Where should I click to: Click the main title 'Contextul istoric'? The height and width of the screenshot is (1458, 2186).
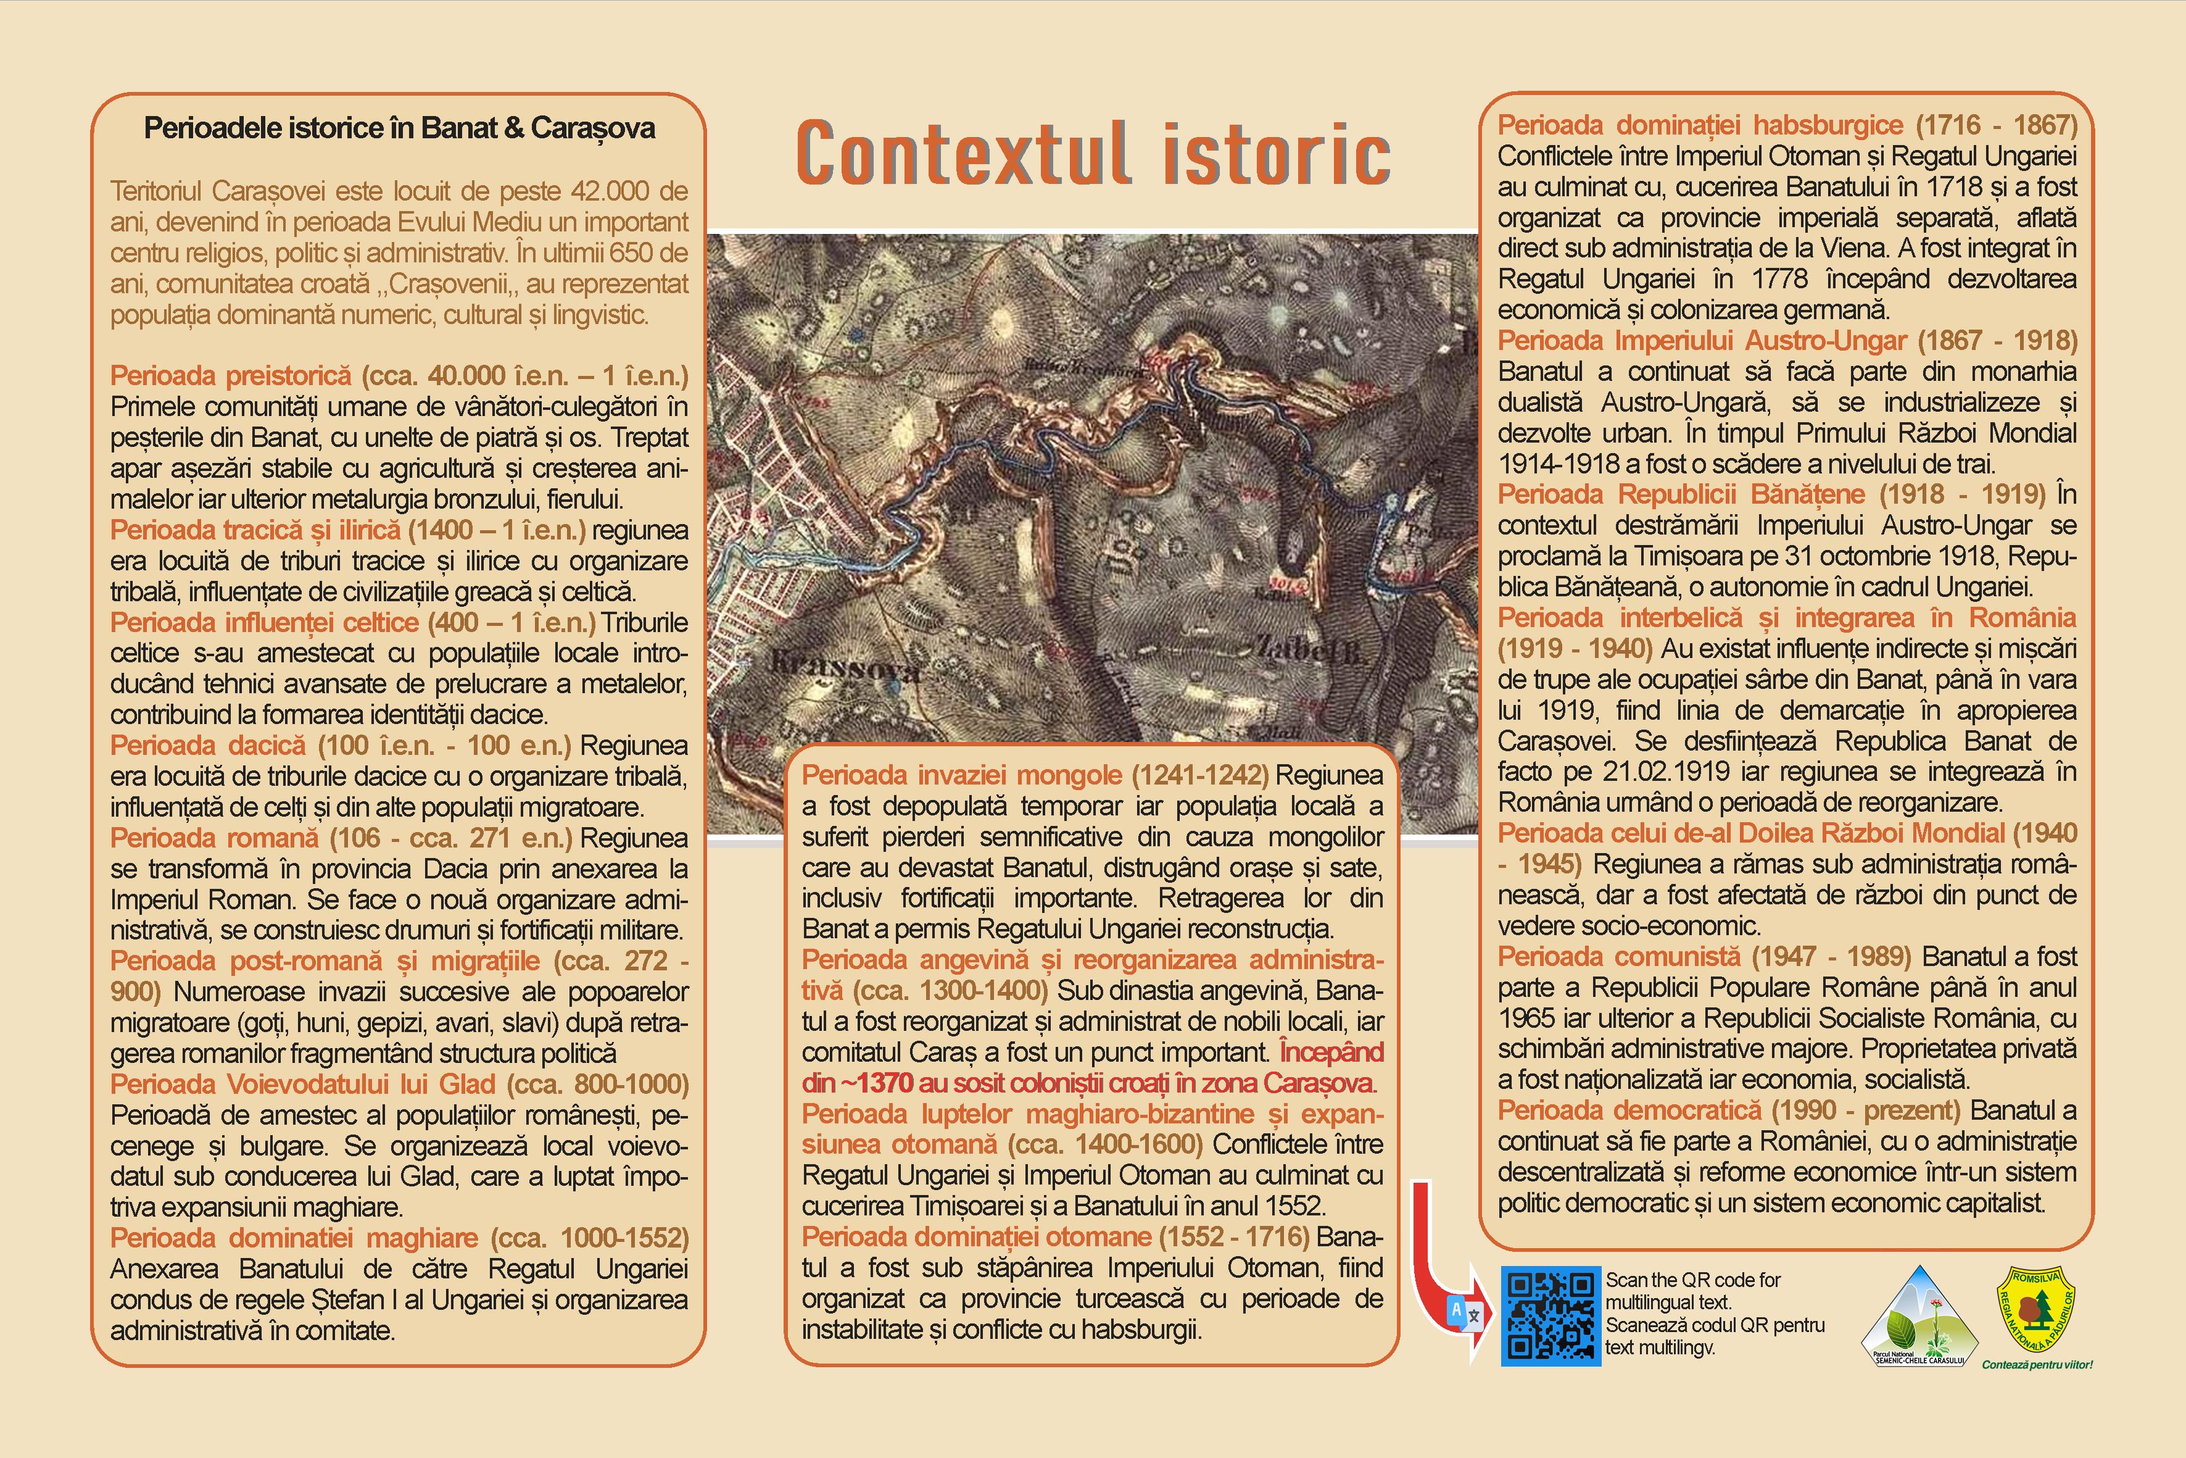pyautogui.click(x=1093, y=154)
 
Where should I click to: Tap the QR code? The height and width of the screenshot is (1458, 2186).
pyautogui.click(x=1550, y=1316)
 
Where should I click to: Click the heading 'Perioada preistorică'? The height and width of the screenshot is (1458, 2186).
pyautogui.click(x=231, y=376)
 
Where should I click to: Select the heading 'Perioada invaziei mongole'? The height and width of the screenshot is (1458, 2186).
pyautogui.click(x=962, y=775)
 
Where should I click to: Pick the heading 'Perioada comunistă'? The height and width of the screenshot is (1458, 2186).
pyautogui.click(x=1619, y=957)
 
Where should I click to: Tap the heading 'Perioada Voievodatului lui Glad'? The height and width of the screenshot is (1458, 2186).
pyautogui.click(x=302, y=1084)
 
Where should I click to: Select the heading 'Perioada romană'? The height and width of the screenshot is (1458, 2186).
pyautogui.click(x=213, y=838)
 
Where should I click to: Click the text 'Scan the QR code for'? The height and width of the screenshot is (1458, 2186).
pyautogui.click(x=1692, y=1280)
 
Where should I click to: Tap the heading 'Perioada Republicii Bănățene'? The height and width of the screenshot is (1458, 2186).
pyautogui.click(x=1681, y=494)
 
